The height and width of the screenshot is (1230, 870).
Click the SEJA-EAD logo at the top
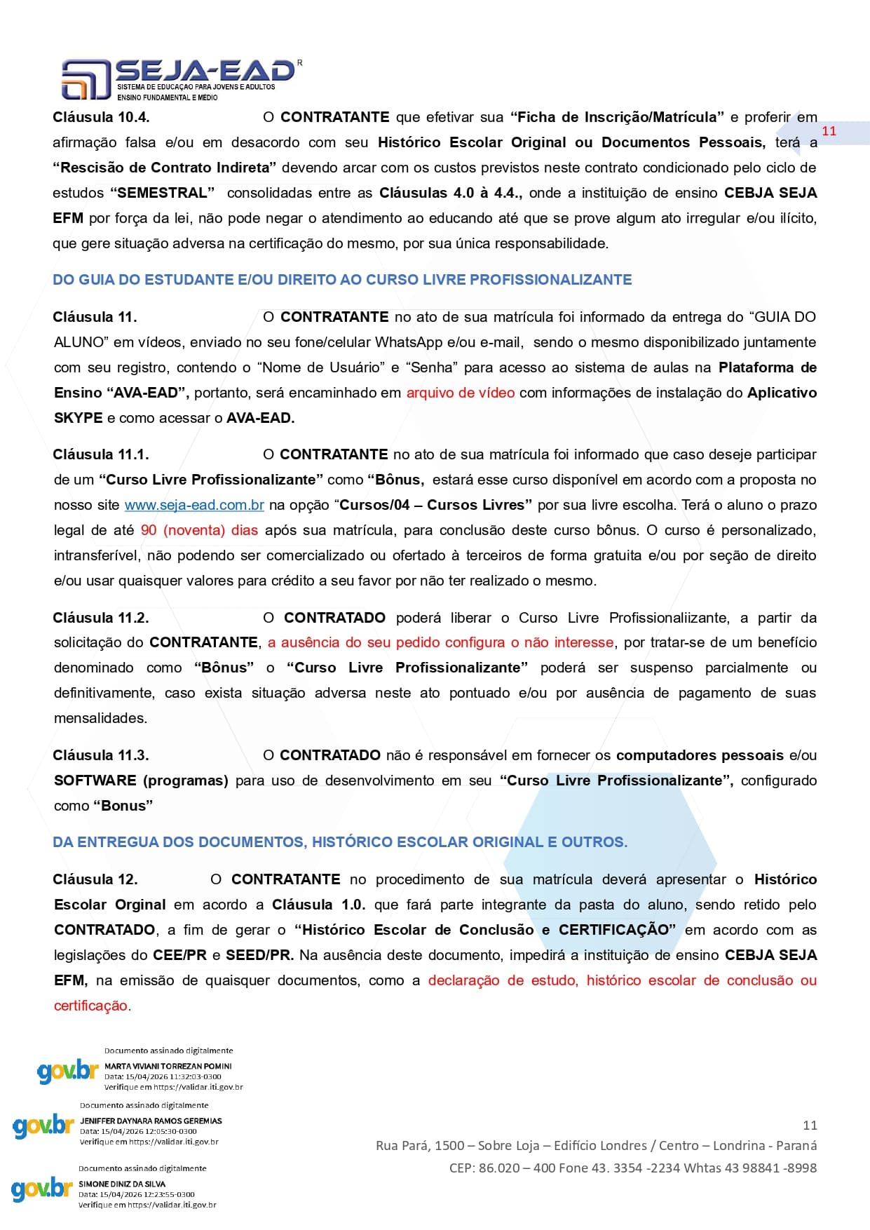(179, 78)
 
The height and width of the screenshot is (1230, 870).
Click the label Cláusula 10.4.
(101, 117)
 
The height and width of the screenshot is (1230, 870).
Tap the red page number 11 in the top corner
(829, 131)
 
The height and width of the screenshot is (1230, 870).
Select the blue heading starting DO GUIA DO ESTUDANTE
(342, 280)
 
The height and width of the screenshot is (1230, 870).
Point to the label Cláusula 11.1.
(101, 454)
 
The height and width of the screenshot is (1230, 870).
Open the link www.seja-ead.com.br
(194, 505)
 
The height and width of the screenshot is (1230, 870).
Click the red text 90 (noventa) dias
(199, 530)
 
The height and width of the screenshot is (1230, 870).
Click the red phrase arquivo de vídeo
(460, 393)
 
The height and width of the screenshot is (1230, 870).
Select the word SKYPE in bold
(79, 418)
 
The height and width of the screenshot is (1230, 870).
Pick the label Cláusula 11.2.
(101, 618)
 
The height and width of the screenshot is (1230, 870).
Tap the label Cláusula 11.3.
(101, 755)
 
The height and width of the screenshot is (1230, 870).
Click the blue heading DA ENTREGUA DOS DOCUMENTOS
(340, 842)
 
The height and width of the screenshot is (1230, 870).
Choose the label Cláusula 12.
(95, 879)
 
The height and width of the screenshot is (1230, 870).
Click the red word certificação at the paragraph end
(92, 1006)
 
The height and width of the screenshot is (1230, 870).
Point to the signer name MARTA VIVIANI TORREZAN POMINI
(168, 1066)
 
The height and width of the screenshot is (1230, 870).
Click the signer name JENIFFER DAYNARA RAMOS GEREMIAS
(151, 1121)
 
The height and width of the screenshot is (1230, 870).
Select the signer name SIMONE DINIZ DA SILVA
(122, 1184)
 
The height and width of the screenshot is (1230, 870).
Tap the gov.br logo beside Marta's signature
(67, 1071)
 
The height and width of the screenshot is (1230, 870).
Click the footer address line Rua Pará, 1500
(596, 1145)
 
